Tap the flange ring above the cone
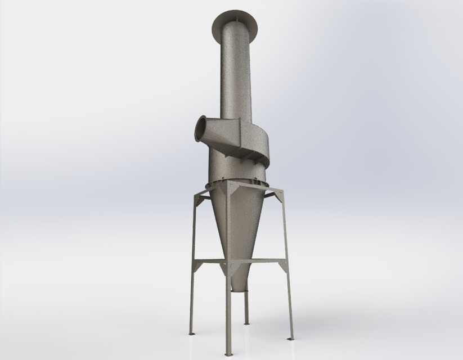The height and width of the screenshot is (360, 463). pos(236,179)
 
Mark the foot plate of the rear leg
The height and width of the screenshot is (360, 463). pos(246,323)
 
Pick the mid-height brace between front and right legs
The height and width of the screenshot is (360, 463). pos(259,260)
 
